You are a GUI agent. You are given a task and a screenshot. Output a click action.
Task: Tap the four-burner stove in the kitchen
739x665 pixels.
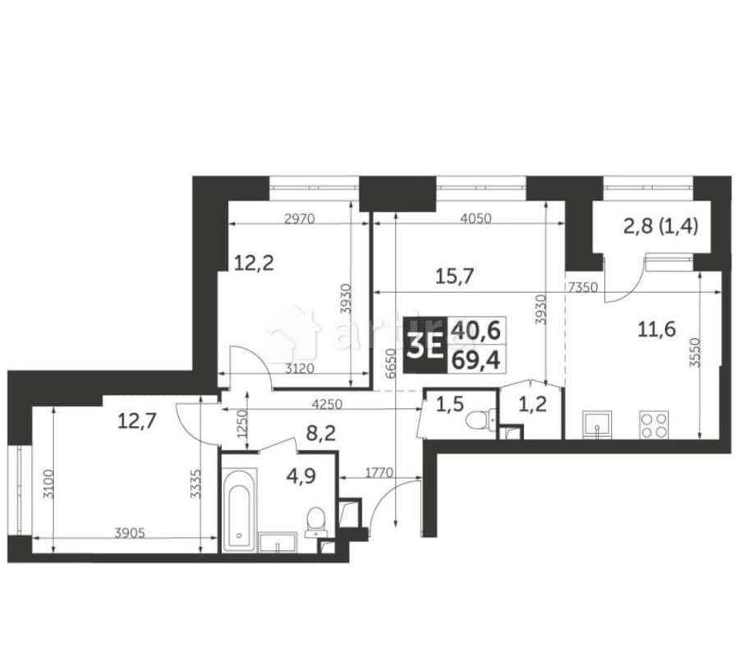pos(654,424)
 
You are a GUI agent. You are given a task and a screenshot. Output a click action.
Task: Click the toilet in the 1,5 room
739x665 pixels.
pos(477,420)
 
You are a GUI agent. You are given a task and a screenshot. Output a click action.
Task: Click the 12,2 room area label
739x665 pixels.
pos(255,264)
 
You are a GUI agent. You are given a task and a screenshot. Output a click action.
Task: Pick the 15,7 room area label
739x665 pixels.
pos(452,276)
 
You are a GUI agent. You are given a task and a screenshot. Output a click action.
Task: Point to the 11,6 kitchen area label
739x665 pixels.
pos(657,330)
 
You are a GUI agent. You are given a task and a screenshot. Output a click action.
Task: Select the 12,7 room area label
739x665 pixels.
pos(137,421)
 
